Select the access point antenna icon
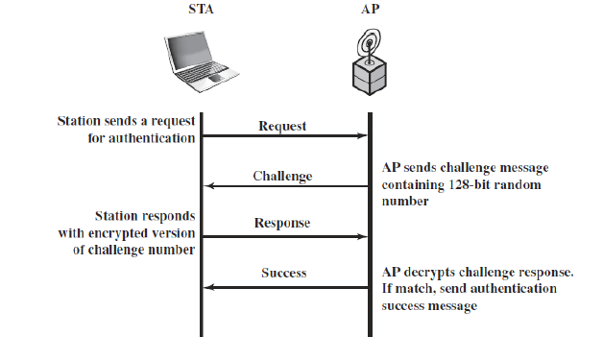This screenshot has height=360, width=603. [x=370, y=48]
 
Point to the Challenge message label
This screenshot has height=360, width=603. [x=283, y=176]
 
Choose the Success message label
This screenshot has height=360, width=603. [x=284, y=274]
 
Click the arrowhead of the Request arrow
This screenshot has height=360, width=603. [x=364, y=137]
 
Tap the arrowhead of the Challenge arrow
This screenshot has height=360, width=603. [x=207, y=187]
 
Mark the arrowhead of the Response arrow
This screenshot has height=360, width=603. [x=364, y=236]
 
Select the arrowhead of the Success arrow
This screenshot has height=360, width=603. [x=207, y=286]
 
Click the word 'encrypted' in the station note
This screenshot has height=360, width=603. [x=136, y=234]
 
